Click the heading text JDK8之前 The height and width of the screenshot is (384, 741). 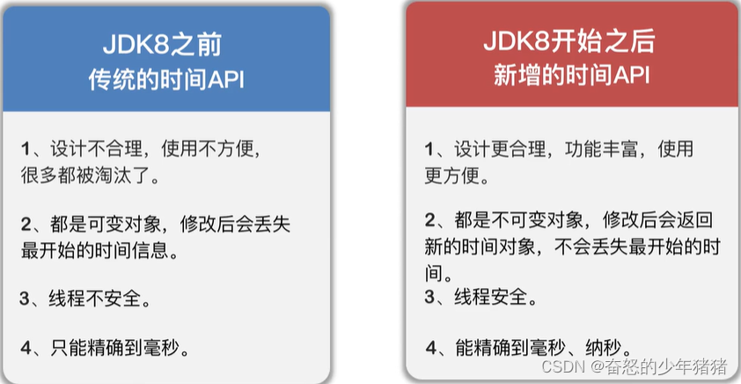click(166, 43)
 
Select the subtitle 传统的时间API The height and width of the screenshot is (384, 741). click(166, 80)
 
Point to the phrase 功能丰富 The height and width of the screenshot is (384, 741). click(598, 148)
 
